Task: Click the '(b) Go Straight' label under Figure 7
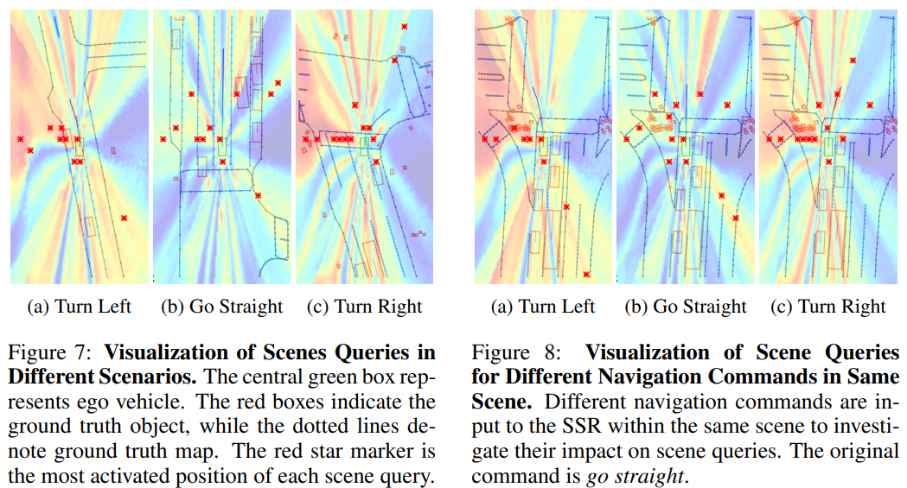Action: pos(222,307)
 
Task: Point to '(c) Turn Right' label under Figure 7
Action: pos(366,307)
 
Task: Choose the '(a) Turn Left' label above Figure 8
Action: pos(543,307)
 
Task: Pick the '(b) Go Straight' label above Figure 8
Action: pos(686,307)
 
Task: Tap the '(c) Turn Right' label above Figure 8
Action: pos(829,307)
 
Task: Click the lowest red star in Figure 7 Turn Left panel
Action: pos(125,219)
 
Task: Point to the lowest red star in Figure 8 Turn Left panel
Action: pos(586,275)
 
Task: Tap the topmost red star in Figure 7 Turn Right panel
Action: pos(403,27)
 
